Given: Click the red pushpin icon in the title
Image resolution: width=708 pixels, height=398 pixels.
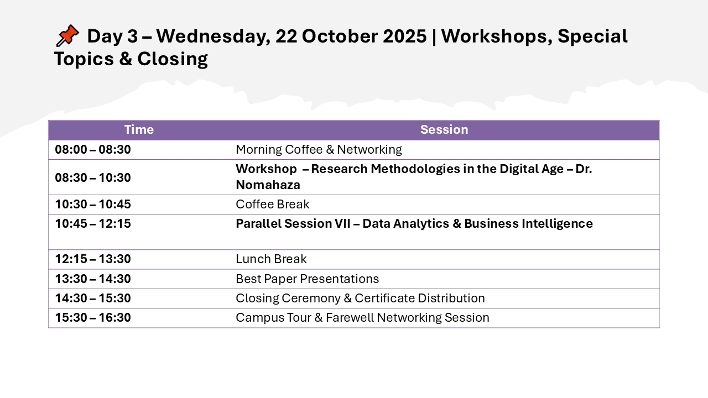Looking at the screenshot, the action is tap(67, 35).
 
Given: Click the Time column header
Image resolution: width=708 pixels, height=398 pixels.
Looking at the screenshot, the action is tap(139, 129).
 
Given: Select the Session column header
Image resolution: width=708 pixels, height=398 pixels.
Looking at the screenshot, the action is tap(444, 129).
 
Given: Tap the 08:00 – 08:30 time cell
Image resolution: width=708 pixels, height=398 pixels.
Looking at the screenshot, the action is tap(93, 149).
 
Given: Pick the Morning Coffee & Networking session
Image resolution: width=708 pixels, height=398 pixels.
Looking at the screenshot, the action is tap(319, 149).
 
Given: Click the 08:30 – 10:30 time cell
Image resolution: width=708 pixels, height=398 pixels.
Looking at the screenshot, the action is tap(93, 177).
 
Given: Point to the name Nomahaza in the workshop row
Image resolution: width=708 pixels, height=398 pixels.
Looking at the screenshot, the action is tap(268, 185).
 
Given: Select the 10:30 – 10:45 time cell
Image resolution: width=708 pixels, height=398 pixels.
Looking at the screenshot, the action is tap(93, 204).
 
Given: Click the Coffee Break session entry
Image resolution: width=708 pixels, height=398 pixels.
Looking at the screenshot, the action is tap(273, 204).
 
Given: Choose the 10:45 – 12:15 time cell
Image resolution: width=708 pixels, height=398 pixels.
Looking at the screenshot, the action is tap(93, 223).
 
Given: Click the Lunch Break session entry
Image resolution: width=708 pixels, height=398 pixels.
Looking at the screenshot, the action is tap(271, 259).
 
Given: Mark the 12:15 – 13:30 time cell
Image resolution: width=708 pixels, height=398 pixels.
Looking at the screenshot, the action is tap(93, 259).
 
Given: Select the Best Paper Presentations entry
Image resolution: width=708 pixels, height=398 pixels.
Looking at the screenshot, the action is tap(307, 279).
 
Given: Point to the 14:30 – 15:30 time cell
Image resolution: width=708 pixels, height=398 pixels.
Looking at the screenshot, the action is tap(93, 298).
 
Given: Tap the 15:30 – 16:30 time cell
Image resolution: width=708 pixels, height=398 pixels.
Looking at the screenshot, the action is tap(93, 317).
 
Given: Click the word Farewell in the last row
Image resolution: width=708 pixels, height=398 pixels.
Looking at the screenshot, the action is tap(350, 317).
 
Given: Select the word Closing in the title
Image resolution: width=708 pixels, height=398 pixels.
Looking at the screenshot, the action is tap(173, 59).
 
